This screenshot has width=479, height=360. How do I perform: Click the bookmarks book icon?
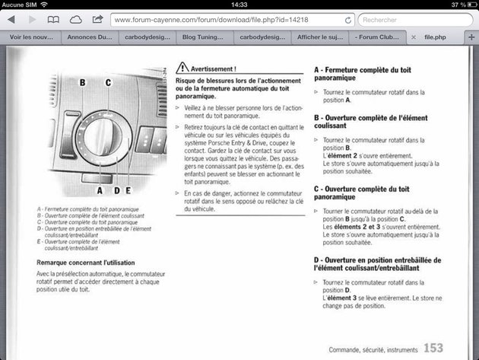(x=53, y=19)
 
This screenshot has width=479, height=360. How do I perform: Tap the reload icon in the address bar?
(x=347, y=20)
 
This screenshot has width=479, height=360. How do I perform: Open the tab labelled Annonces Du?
(x=90, y=37)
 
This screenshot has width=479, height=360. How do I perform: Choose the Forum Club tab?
(x=379, y=37)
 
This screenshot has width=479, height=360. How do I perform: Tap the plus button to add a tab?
(x=471, y=37)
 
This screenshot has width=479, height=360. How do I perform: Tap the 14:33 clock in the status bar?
(x=239, y=5)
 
